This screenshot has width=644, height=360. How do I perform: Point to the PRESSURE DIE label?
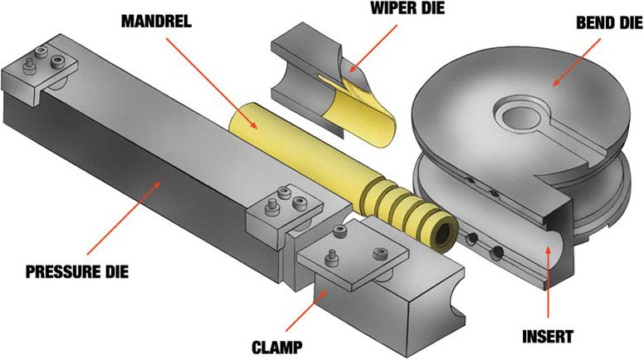[75, 271]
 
